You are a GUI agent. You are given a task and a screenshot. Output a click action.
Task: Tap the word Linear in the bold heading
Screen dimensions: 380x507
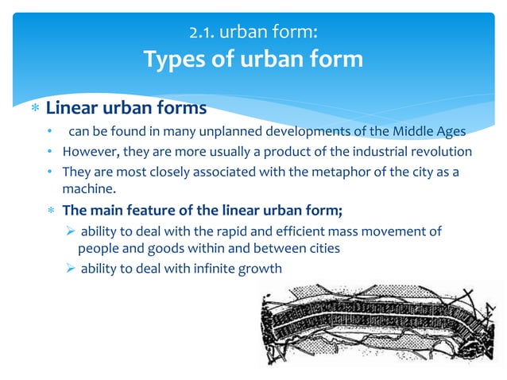click(72, 107)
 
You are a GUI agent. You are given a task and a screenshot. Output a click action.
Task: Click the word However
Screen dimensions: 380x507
click(89, 152)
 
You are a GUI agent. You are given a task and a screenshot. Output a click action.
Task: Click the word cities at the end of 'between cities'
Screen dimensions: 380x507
click(323, 248)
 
